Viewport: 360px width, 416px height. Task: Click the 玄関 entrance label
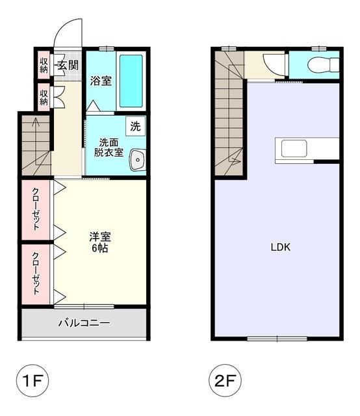tap(68, 65)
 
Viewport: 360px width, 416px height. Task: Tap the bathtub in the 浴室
tap(131, 81)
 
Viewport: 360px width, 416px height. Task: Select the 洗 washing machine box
tap(136, 126)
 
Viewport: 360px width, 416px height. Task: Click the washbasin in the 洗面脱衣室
tap(137, 160)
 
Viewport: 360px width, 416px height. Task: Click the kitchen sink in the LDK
tap(294, 148)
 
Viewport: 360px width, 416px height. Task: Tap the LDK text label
tap(281, 247)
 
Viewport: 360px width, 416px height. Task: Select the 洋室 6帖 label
tap(100, 242)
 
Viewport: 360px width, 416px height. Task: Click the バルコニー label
tap(84, 323)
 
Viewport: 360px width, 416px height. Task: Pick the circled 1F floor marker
tap(32, 380)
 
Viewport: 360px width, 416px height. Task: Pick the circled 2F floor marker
tap(225, 380)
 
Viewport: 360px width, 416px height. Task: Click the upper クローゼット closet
tap(36, 209)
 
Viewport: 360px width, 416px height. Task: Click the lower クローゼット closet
tap(36, 274)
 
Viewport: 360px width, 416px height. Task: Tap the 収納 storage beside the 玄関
tap(44, 65)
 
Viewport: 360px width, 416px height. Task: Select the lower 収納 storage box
tap(44, 97)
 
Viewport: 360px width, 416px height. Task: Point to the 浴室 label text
tap(101, 81)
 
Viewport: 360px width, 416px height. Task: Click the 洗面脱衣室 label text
tap(109, 148)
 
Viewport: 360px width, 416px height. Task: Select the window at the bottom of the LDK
tap(277, 339)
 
